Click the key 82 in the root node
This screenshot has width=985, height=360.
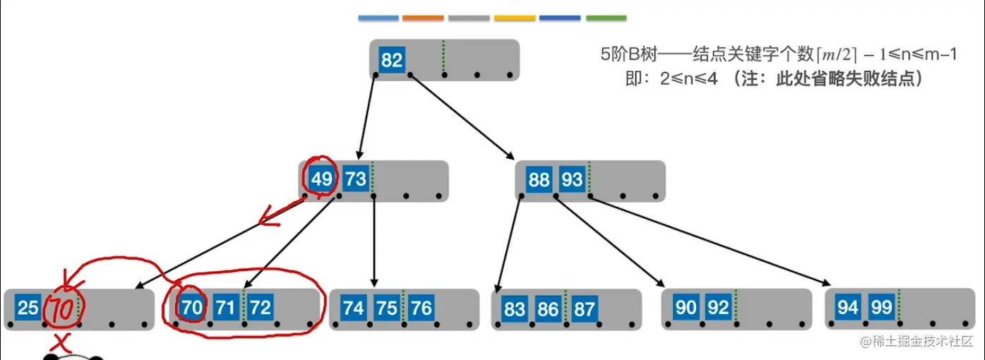(391, 60)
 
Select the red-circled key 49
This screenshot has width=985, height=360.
(322, 179)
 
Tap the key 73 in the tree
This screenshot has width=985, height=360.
(355, 179)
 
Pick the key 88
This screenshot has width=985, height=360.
(539, 179)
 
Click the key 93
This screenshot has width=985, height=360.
(571, 179)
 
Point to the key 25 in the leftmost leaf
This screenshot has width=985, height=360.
(28, 308)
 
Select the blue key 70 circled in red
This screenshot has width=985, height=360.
(191, 308)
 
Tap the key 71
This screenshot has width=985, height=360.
(225, 308)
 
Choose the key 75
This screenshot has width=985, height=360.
(386, 308)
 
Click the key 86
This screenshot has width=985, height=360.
(548, 308)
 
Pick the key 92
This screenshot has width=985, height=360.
(718, 308)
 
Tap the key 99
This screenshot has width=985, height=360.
(881, 308)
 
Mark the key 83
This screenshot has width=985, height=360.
(515, 308)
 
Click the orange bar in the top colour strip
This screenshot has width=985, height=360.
(424, 18)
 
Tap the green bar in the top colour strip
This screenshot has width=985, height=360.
(606, 18)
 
